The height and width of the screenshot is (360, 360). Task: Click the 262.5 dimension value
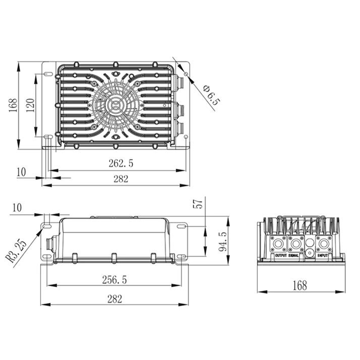pyautogui.click(x=121, y=163)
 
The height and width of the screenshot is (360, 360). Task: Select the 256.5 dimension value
pyautogui.click(x=114, y=280)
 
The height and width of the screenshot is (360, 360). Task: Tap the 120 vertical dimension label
pyautogui.click(x=30, y=105)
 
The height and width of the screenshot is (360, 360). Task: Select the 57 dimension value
pyautogui.click(x=198, y=204)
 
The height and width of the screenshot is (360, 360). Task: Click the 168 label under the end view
pyautogui.click(x=300, y=286)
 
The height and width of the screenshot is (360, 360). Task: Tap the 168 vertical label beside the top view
pyautogui.click(x=13, y=105)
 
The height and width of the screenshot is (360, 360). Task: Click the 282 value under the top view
pyautogui.click(x=121, y=179)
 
